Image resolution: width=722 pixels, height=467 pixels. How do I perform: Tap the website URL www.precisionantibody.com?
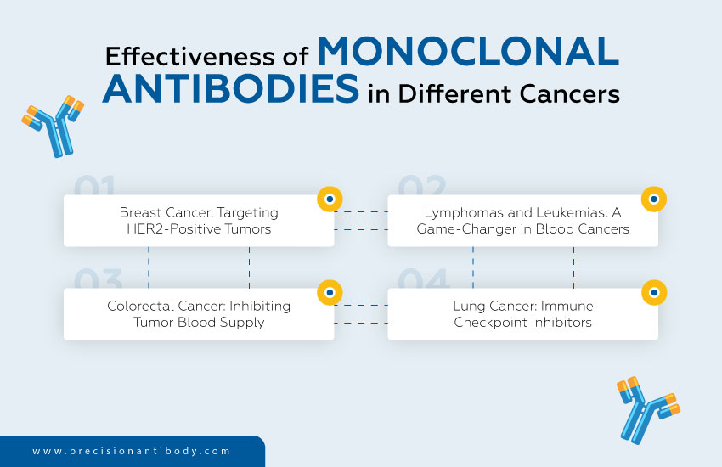132,452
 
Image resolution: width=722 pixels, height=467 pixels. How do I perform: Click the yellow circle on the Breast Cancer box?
329,200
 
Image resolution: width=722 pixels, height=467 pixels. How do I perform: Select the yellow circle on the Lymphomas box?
653,200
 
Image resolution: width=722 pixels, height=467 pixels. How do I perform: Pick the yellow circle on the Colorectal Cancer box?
329,292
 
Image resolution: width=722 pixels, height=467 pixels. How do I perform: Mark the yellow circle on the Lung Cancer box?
653,292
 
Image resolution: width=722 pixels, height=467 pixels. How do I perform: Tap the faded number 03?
99,279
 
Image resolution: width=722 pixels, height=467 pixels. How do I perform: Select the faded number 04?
423,279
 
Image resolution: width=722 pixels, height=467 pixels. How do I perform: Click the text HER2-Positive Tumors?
199,229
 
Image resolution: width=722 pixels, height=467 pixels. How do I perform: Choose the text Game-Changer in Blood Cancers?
522,229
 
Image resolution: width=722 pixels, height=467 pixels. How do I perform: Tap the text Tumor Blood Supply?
199,322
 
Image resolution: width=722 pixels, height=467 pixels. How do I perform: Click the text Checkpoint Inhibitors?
522,322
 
